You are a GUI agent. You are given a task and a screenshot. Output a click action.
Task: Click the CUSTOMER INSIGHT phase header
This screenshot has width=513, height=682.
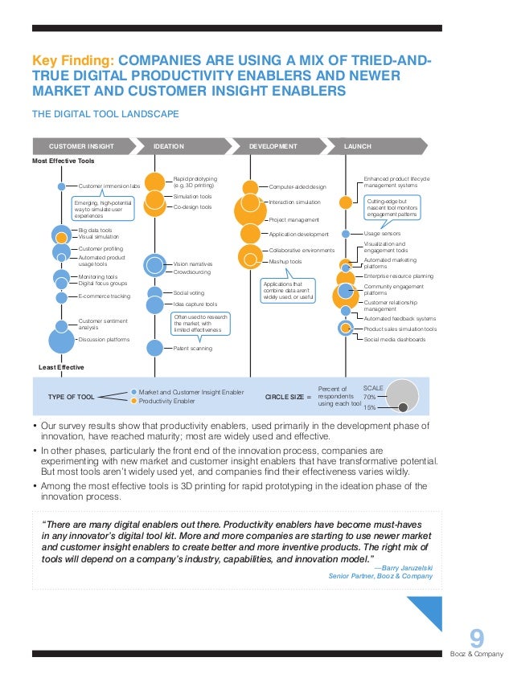click(81, 146)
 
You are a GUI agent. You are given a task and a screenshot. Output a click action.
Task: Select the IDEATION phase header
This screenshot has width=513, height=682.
click(170, 146)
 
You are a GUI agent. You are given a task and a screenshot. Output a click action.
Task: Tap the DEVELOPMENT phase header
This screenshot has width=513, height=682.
click(273, 146)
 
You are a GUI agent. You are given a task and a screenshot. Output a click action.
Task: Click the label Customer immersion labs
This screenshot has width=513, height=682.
click(109, 186)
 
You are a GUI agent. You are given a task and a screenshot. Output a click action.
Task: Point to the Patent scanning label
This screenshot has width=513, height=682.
click(193, 348)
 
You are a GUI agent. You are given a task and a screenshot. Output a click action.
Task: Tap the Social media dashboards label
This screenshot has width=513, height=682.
click(395, 340)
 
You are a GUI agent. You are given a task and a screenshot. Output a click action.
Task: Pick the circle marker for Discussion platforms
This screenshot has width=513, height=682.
click(62, 340)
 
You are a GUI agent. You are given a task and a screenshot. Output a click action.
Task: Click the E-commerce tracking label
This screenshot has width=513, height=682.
click(105, 296)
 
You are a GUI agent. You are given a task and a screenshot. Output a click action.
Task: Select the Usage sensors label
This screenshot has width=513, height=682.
click(383, 233)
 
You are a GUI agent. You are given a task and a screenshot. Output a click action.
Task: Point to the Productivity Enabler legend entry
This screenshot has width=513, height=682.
click(166, 400)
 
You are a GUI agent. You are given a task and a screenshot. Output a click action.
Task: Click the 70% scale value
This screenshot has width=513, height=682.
click(371, 396)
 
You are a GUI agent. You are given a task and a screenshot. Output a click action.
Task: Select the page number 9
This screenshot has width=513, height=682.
click(477, 639)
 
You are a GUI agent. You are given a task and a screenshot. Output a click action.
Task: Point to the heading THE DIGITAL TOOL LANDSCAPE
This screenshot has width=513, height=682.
click(105, 114)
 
